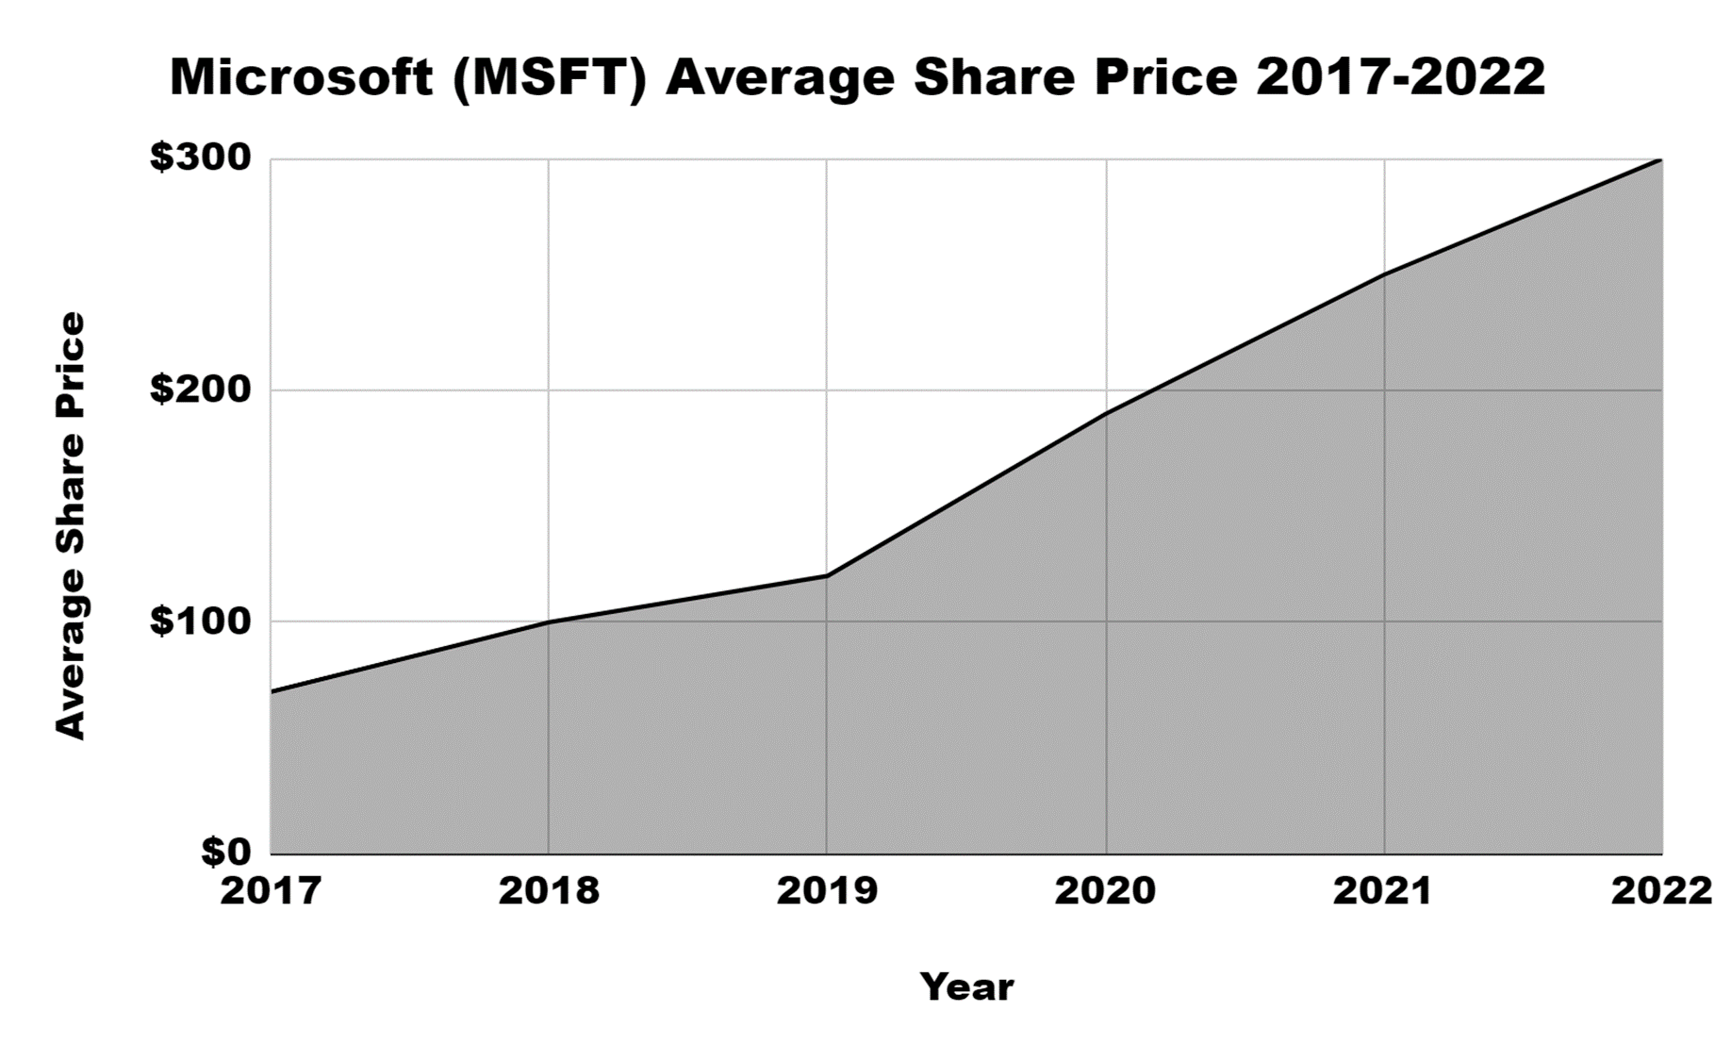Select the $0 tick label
coord(226,852)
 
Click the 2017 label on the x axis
coord(271,891)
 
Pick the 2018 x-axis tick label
coord(549,891)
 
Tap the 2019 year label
coord(827,891)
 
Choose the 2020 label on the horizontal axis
coord(1105,891)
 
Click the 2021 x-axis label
coord(1383,891)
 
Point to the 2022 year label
coord(1661,891)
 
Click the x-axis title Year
coord(966,987)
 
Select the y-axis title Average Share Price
coord(70,525)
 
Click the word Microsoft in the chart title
coord(301,77)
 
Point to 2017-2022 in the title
coord(1400,77)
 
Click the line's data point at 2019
coord(827,575)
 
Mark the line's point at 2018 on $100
coord(549,622)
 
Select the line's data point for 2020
coord(1106,413)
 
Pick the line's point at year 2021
coord(1384,274)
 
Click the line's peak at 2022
coord(1660,160)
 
